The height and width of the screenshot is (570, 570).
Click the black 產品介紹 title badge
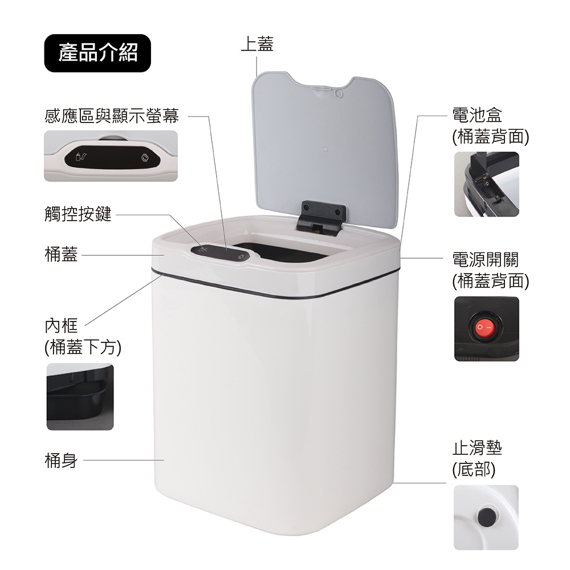[x=97, y=53]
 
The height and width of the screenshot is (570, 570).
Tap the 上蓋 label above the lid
[x=257, y=44]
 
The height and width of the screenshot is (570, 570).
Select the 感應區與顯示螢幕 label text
[x=112, y=116]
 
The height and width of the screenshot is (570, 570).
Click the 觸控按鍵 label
[x=78, y=214]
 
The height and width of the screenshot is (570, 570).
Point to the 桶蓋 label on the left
[x=61, y=254]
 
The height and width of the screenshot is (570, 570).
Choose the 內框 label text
[x=61, y=325]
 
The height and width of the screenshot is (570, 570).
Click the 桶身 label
[x=61, y=460]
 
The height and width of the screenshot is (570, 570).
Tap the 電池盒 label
[x=477, y=115]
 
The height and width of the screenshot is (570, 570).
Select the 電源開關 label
[x=485, y=259]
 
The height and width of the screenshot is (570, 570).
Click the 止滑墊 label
[x=477, y=448]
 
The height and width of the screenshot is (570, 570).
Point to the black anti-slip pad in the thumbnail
[x=487, y=516]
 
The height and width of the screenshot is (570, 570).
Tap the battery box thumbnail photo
[x=486, y=184]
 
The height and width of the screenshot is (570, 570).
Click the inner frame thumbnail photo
[x=80, y=397]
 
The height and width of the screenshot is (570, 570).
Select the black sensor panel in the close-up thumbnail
[x=112, y=157]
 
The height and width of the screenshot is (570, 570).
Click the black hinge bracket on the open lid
[x=321, y=218]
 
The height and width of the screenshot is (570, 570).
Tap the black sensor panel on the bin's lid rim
[x=221, y=253]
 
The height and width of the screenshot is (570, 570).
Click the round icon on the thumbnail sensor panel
[x=145, y=158]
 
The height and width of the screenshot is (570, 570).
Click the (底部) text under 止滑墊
[x=474, y=469]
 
